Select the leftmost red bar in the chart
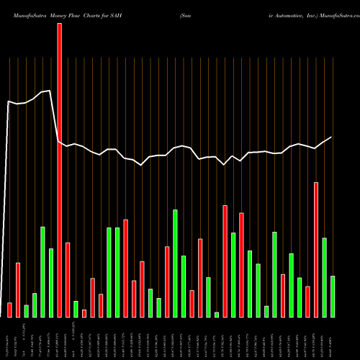(x=9, y=310)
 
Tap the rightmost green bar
(x=332, y=296)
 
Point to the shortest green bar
(x=216, y=314)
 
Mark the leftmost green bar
(x=26, y=310)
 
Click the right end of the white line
(x=332, y=137)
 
